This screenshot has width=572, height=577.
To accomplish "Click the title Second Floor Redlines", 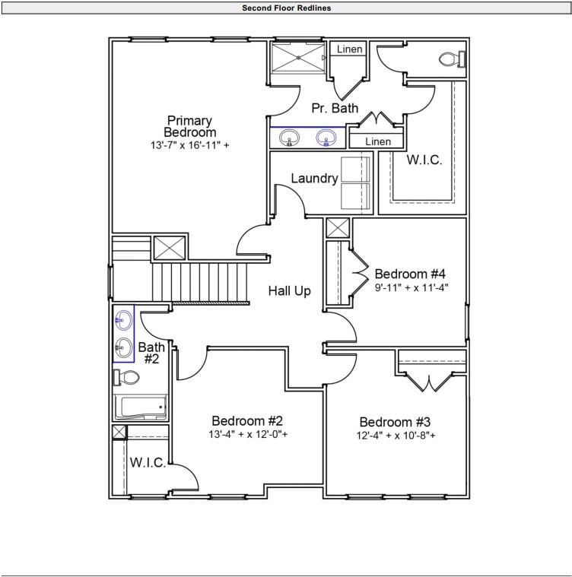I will (286, 8).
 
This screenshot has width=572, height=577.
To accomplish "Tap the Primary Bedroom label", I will (189, 126).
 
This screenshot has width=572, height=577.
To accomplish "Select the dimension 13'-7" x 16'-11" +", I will (189, 145).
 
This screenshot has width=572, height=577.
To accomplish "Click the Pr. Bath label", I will (335, 109).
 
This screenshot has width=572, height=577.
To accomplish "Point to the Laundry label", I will (314, 179).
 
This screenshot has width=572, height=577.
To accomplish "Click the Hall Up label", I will (289, 290).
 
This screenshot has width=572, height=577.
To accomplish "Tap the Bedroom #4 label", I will (410, 274).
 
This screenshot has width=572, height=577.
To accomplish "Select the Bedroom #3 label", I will (396, 422).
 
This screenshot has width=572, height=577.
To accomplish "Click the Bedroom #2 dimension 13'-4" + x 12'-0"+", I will (248, 435).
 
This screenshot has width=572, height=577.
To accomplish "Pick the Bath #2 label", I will (151, 353).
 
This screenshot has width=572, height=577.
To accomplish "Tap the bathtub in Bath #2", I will (140, 407).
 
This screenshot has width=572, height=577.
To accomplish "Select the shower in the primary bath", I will (299, 57).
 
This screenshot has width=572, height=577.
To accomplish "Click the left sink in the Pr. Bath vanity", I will (289, 138).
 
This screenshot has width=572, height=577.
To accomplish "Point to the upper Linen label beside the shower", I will (350, 49).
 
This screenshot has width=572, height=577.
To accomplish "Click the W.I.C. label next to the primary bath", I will (424, 160).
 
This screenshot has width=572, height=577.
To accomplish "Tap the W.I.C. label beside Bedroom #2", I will (148, 463).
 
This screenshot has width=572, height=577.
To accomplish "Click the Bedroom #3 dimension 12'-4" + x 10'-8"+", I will (396, 436).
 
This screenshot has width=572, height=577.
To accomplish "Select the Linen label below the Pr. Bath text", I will (378, 141).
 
